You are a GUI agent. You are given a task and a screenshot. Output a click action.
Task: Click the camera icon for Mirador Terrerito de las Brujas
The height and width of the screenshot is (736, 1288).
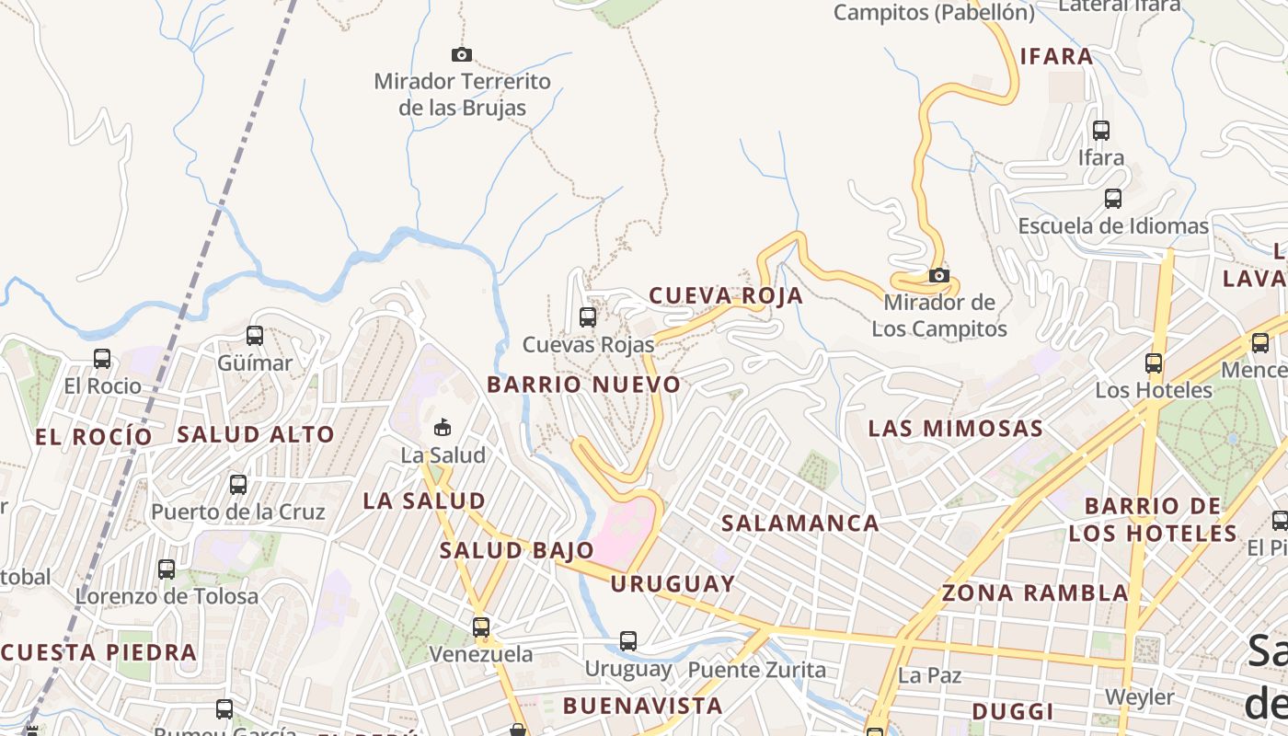(462, 55)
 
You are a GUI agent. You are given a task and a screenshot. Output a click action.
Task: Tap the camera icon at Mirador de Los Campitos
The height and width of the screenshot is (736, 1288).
(938, 276)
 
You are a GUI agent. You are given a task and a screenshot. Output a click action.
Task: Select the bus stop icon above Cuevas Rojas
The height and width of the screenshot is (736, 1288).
(588, 317)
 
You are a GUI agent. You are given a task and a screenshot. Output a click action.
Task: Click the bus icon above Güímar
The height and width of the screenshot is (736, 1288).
(255, 336)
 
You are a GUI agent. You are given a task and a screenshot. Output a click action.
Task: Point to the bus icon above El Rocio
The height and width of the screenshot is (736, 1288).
(102, 359)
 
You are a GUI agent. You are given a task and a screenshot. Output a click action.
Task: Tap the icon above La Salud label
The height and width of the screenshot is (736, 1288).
(443, 428)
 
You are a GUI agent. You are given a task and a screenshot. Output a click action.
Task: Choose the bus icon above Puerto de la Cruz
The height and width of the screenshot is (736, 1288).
(238, 484)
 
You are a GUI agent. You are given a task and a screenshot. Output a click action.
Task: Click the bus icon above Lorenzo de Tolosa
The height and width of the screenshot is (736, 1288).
(167, 569)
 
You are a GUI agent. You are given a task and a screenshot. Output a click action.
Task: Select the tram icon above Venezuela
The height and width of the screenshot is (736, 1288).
(481, 627)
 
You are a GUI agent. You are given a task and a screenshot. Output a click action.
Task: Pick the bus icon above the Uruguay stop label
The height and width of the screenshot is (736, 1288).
(628, 641)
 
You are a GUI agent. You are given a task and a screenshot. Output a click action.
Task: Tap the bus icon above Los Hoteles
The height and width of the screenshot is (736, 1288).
(1154, 363)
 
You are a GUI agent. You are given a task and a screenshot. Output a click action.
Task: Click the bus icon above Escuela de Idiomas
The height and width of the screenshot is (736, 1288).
(1113, 199)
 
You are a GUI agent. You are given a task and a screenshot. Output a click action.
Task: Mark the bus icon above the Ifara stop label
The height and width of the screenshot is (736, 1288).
(1101, 131)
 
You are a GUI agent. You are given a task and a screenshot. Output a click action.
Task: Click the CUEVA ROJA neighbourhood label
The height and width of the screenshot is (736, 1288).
(726, 295)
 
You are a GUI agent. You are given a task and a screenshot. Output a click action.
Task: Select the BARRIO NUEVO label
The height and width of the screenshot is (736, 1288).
(584, 385)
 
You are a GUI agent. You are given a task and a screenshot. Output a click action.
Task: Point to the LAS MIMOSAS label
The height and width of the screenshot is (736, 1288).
(956, 428)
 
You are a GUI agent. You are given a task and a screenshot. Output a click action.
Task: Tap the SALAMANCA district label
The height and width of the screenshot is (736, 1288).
(800, 523)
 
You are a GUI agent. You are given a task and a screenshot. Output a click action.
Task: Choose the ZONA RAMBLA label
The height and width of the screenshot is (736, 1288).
(1035, 592)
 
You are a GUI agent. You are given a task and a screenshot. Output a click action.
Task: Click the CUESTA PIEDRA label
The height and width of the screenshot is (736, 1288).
(99, 652)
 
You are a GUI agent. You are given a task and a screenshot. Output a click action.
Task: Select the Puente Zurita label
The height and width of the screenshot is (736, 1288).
(757, 670)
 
